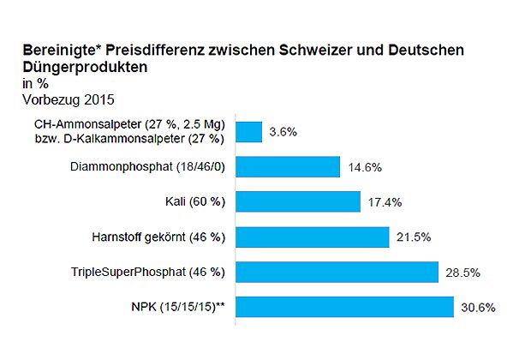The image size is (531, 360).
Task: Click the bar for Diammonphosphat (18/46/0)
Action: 287,167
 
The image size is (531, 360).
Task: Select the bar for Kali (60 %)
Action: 297,201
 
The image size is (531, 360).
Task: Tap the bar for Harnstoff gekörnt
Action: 312,237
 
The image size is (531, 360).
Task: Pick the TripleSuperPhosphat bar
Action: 336,272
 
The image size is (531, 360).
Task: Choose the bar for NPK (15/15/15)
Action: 343,306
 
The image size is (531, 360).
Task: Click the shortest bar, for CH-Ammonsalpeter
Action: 248,132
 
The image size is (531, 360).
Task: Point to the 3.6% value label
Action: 283,132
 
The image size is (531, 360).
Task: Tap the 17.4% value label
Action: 385,202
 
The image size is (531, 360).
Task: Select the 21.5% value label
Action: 414,237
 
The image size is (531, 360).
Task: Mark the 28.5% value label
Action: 462,273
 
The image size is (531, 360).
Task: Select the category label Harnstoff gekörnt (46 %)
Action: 158,237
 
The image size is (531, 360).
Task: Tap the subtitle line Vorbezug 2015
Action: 68,99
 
